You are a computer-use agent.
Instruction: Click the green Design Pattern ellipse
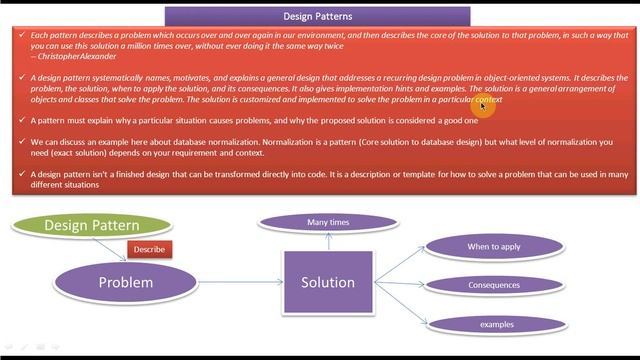(x=91, y=225)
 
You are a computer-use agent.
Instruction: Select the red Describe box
(x=149, y=249)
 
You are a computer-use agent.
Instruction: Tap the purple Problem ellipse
(x=126, y=283)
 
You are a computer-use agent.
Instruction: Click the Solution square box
(x=328, y=283)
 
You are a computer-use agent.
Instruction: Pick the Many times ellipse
(x=328, y=222)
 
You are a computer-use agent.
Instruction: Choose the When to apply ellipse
(x=494, y=246)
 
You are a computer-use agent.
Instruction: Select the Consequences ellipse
(x=494, y=285)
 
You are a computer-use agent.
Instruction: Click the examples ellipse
(x=496, y=324)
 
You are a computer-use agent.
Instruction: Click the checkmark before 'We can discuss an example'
(x=21, y=142)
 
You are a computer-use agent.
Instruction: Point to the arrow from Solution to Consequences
(x=399, y=284)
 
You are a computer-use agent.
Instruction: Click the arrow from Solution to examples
(x=400, y=305)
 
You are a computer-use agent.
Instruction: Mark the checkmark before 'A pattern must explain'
(x=21, y=120)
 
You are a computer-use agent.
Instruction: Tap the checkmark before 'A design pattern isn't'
(x=21, y=174)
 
